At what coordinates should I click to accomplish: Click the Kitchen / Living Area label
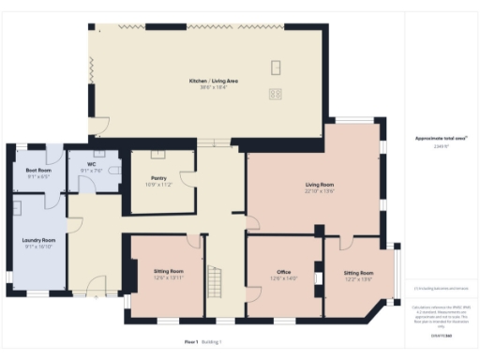(213, 81)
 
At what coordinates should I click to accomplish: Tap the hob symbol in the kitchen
(276, 93)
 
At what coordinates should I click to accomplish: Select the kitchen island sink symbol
(276, 67)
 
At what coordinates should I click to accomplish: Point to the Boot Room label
(38, 170)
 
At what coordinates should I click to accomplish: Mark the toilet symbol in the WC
(113, 171)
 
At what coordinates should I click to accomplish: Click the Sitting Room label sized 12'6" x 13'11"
(169, 272)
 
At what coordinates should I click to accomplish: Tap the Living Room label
(320, 187)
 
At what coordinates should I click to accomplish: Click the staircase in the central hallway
(216, 278)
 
